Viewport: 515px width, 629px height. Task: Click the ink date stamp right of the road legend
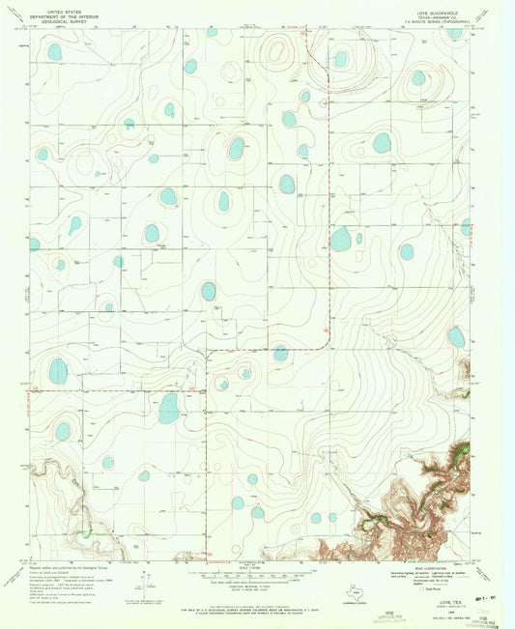[490, 573]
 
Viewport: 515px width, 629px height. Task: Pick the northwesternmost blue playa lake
[55, 51]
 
